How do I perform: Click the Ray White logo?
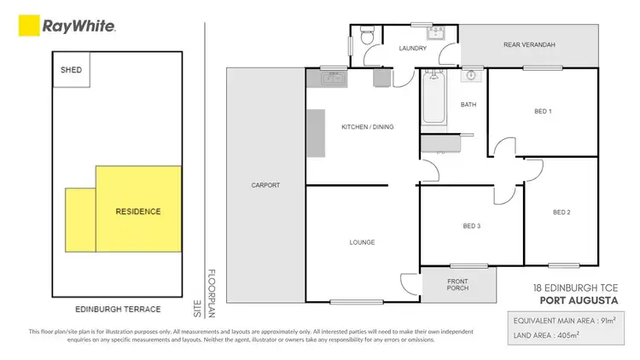[x=67, y=27]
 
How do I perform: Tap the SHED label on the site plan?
[x=71, y=70]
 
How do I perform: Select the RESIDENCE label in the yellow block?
[x=138, y=211]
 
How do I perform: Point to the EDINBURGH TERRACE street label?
[x=118, y=309]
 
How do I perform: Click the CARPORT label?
[x=265, y=185]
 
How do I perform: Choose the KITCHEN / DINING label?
[x=367, y=127]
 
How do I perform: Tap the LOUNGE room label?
[x=362, y=242]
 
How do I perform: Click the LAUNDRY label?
[x=412, y=49]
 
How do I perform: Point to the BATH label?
[x=468, y=105]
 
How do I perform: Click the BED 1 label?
[x=543, y=112]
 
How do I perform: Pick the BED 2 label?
[x=561, y=212]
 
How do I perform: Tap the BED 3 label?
[x=471, y=226]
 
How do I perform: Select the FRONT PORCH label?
[x=459, y=285]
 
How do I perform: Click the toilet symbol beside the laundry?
[x=366, y=37]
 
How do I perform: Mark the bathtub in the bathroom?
[x=429, y=101]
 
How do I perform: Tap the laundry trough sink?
[x=435, y=33]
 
